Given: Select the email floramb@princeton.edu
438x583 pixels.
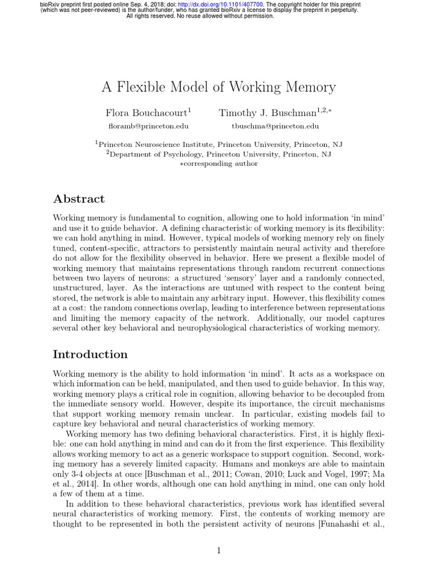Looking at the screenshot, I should click(x=148, y=126).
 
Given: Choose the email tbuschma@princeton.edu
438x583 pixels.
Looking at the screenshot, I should click(x=275, y=126).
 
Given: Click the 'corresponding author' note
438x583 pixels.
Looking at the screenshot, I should click(x=221, y=163).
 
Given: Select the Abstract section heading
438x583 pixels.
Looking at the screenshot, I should click(x=79, y=199).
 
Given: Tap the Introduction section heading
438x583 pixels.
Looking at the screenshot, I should click(x=90, y=354).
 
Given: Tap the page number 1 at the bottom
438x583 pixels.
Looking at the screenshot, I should click(x=218, y=550).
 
